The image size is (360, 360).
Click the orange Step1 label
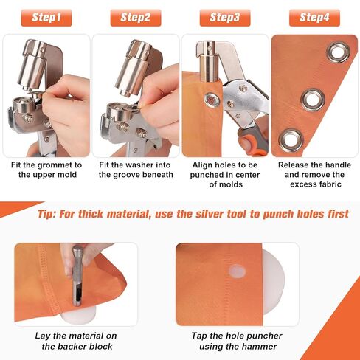[46, 17]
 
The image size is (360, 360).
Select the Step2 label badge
[136, 17]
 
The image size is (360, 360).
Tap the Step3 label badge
[225, 17]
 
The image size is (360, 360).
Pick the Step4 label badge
[314, 17]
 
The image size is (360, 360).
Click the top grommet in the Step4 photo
[339, 51]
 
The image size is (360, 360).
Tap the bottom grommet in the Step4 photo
[291, 136]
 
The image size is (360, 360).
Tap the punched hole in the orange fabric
[236, 271]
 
